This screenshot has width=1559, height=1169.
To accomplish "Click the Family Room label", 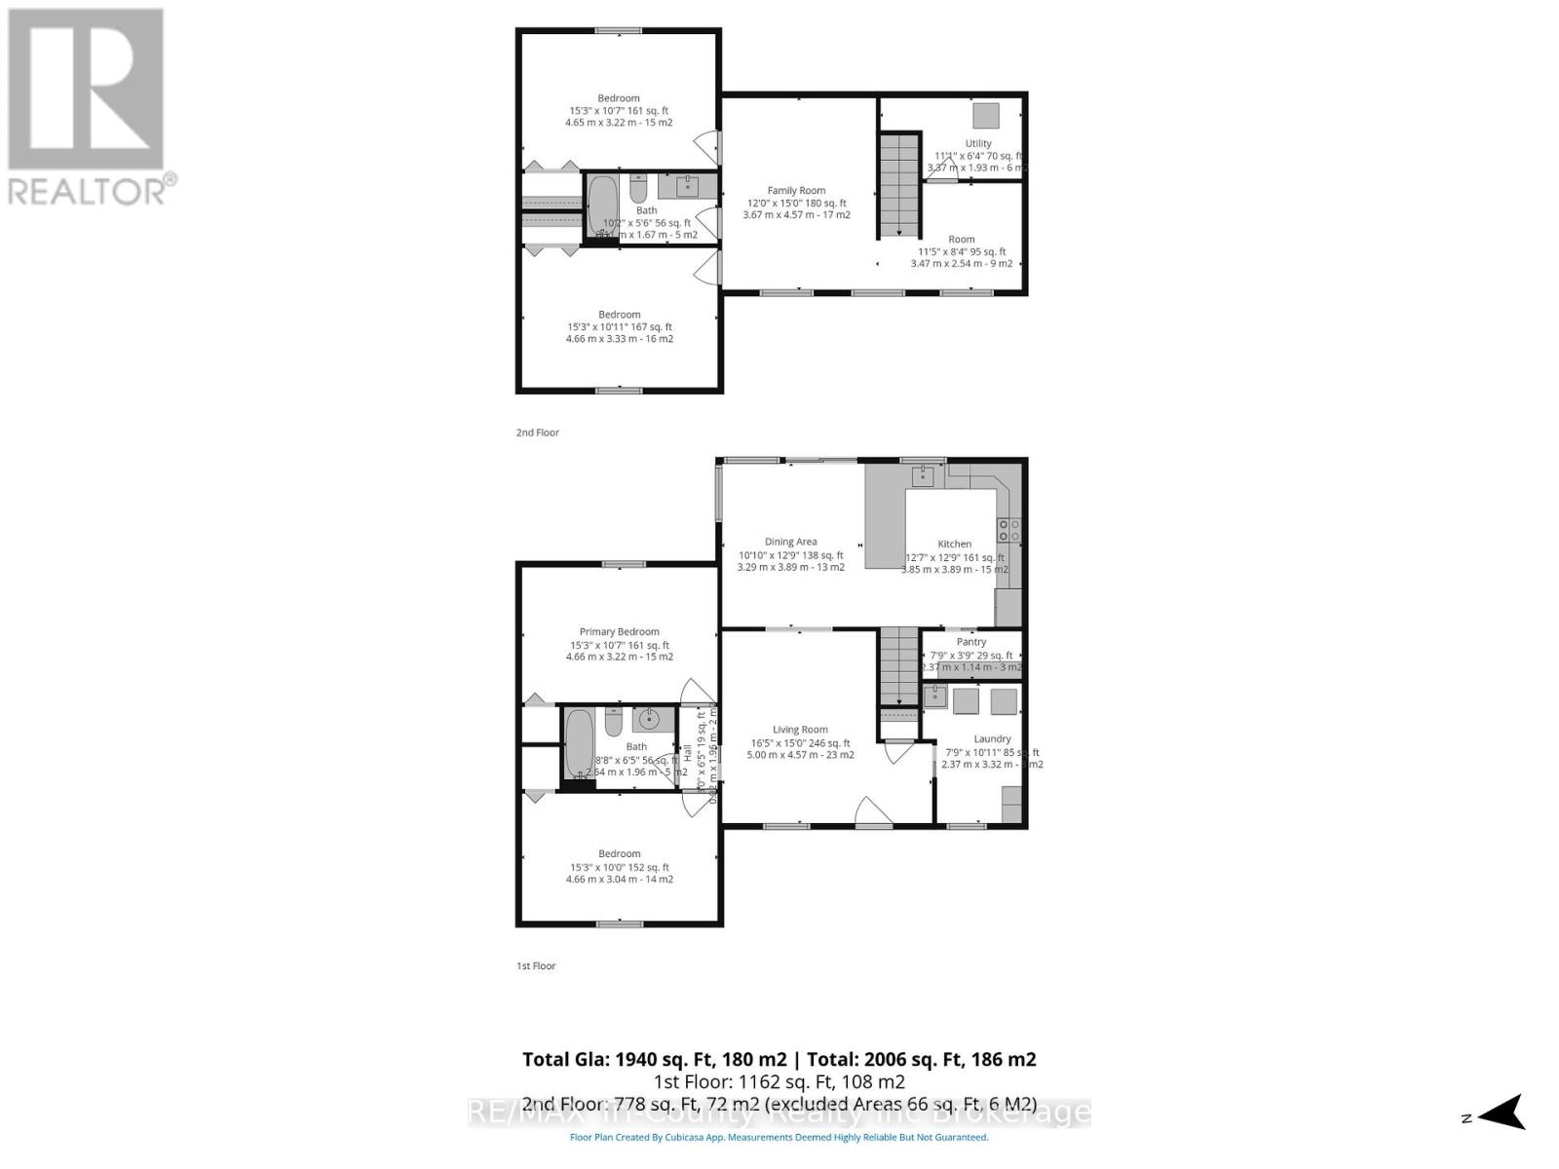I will coord(796,191).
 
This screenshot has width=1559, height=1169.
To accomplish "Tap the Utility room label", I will coord(978,143).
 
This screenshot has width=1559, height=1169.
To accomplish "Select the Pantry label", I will coord(971,642).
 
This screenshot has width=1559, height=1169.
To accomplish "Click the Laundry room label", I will coord(992,738).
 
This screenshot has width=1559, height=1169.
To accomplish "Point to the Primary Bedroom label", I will coord(619,631).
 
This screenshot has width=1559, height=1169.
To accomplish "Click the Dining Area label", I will coord(790,542).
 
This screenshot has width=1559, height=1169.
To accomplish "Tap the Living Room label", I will coord(800,729).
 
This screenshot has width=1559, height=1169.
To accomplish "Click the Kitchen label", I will coord(954,544).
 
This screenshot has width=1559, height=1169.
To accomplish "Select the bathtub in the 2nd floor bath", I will coord(602,206).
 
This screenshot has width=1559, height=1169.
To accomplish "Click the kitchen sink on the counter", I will coord(922,475).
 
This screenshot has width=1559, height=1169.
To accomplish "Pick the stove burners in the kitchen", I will coord(1008,531).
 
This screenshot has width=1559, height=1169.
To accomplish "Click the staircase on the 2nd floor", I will coord(899,185).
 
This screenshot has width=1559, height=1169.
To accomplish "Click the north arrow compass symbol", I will coord(1503,1112).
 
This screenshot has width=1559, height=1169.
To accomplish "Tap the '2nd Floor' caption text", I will coord(538,433).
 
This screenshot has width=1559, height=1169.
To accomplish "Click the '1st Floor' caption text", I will coord(536,966).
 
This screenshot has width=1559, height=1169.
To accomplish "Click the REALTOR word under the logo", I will coord(88,190).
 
